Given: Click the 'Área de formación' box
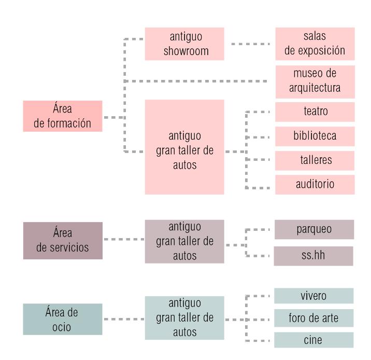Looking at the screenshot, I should pos(63,116).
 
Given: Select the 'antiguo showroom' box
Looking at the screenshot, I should pos(184,44).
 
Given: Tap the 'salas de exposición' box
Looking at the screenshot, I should pos(315,44).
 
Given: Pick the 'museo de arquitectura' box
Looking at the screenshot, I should pos(315,81).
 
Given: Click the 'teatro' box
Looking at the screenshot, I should pos(315,112).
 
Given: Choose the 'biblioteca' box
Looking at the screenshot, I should pos(315,136).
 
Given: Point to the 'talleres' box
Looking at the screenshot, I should pos(315,160).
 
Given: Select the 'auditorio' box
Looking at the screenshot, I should pos(315,184).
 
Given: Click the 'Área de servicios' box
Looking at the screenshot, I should pos(63,240).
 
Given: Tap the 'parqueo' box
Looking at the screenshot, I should pos(314,229).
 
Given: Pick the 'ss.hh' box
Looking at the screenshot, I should pos(314,256).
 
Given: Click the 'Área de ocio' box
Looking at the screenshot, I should pos(63,320).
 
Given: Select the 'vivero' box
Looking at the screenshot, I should pos(313,296).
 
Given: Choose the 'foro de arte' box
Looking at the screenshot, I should pos(313,317).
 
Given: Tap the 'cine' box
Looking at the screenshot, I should pos(313,340).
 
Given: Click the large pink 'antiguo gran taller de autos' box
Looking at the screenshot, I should pos(184,147).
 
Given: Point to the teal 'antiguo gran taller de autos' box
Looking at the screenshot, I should pos(184,317).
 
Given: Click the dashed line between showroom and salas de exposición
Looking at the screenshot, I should pos(250,44).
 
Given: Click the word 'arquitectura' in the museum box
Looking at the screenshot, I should pos(315,88).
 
